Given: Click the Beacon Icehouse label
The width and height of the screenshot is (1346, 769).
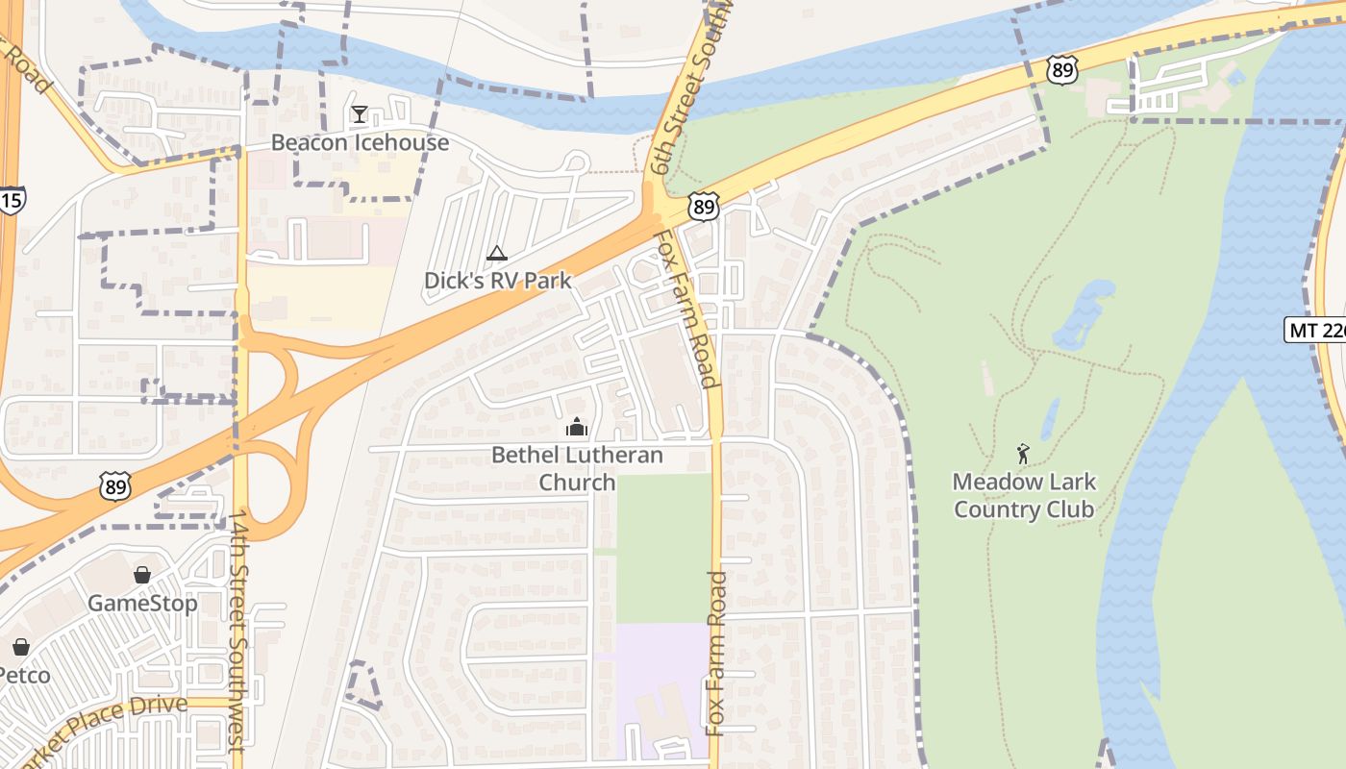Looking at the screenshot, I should tap(360, 142).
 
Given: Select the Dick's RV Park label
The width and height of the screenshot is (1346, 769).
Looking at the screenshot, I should tap(497, 281).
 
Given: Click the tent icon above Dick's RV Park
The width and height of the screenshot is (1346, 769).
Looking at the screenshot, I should tap(497, 254).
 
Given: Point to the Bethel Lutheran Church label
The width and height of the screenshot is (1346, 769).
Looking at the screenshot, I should tap(577, 467).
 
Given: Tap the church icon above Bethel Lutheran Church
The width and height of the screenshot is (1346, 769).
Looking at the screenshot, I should tap(577, 427).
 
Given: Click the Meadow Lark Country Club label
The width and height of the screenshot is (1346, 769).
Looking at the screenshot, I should tap(1023, 495).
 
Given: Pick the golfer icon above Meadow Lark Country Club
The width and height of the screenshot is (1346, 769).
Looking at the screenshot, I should tap(1023, 453).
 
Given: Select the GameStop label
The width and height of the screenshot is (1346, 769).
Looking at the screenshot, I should tap(142, 603).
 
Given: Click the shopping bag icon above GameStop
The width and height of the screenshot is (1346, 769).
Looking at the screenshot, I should tap(142, 575).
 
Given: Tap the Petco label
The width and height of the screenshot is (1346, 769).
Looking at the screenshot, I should tap(23, 675).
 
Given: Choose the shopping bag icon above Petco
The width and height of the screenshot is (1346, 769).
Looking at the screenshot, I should tap(21, 647).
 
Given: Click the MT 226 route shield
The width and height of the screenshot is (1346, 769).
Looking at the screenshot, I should tap(1315, 330).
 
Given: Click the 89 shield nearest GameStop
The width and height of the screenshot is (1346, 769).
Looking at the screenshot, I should tap(114, 487).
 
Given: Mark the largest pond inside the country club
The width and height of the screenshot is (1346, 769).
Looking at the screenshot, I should tap(1084, 313).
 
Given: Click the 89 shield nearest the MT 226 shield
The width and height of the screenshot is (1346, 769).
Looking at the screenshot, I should tap(1062, 70).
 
